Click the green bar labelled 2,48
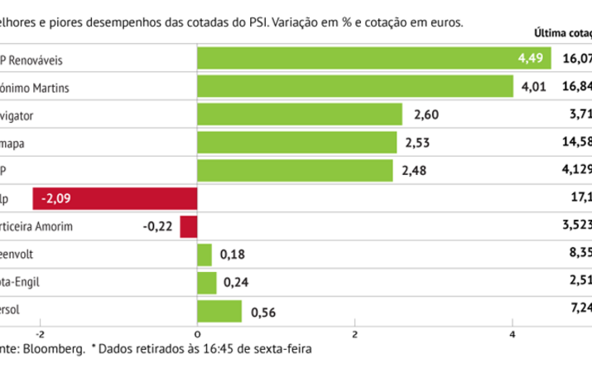tap(295, 171)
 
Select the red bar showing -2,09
tap(115, 199)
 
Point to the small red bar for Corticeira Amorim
tap(189, 226)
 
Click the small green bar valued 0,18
tap(205, 255)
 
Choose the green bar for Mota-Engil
tap(207, 283)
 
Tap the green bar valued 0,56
tap(219, 311)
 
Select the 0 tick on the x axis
tap(197, 334)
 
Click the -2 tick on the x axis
tap(38, 334)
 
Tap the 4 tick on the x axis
tap(513, 334)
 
